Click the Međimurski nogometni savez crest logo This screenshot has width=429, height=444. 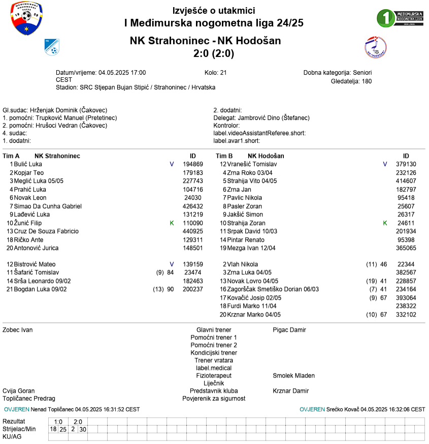point(26,20)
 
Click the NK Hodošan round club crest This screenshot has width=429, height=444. point(375,47)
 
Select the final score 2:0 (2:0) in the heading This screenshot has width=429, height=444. point(214,53)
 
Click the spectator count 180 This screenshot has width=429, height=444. point(367,81)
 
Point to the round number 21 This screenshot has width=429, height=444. point(223,73)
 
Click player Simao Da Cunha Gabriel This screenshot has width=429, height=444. point(48,206)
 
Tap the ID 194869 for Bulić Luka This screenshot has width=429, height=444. point(193,164)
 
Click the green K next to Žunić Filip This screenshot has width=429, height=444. point(172,223)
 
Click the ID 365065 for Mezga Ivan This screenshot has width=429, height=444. point(406,248)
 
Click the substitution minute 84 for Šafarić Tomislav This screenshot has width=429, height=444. point(170,273)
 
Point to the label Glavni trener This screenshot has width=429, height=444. point(214,330)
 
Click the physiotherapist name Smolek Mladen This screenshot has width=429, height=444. point(293,376)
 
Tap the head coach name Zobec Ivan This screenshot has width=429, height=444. point(18,330)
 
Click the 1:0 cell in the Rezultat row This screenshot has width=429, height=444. point(58,422)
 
